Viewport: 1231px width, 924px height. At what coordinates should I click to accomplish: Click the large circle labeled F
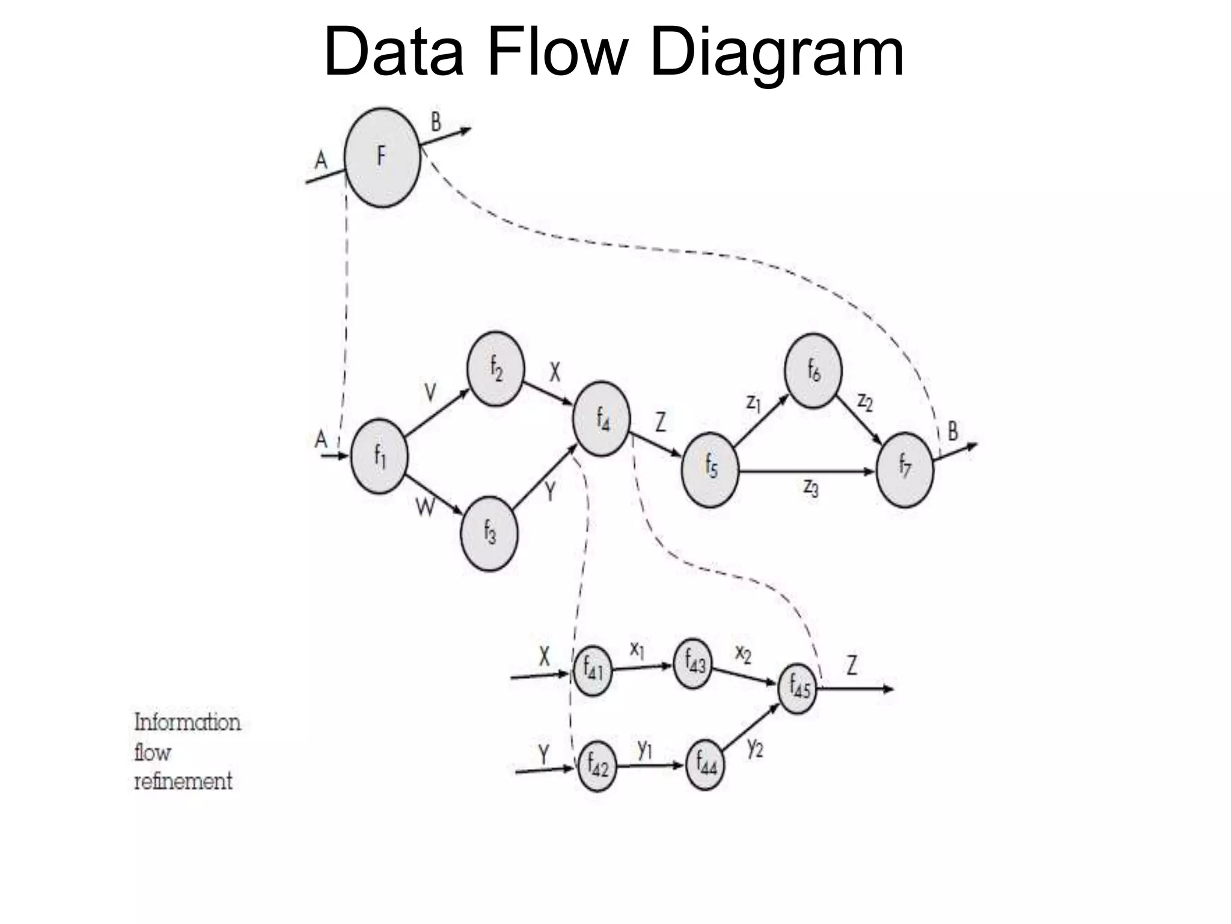tap(382, 158)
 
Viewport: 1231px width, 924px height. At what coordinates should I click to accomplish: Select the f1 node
tap(379, 456)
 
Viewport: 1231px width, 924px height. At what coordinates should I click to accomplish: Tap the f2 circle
tap(496, 369)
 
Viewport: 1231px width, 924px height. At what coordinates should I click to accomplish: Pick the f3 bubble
tap(489, 533)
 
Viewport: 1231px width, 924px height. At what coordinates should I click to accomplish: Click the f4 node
tap(602, 418)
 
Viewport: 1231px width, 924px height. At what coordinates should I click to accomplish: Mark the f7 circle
tap(905, 469)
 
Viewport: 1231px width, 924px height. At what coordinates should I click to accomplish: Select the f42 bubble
tap(597, 766)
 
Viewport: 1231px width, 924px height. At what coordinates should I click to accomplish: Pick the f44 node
tap(705, 765)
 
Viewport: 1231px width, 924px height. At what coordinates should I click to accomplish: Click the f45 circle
tap(798, 688)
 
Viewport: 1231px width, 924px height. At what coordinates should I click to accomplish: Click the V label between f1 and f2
tap(430, 393)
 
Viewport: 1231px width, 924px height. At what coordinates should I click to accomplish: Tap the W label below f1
tap(425, 509)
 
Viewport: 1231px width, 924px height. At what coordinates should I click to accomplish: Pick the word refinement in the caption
tap(183, 781)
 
